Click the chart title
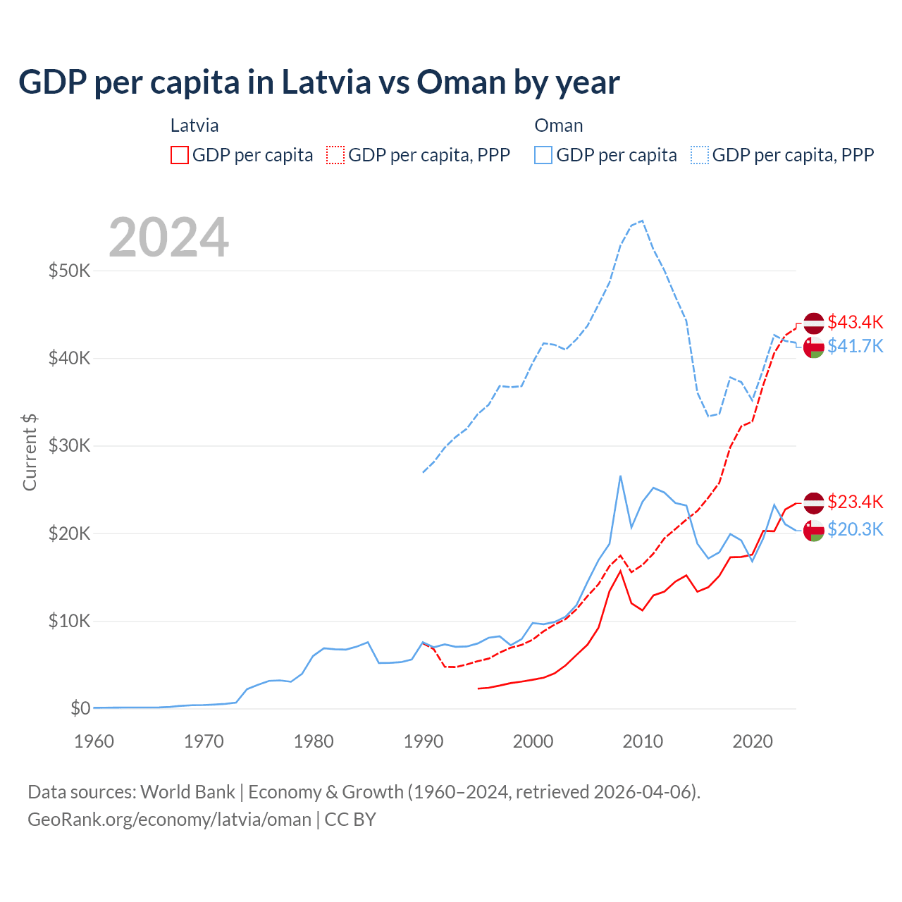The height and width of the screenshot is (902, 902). [x=319, y=82]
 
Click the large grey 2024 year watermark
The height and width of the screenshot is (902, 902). [x=168, y=237]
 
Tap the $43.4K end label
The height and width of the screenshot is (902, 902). [x=855, y=322]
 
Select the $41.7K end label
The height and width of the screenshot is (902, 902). [x=855, y=346]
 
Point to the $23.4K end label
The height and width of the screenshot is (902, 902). [x=855, y=502]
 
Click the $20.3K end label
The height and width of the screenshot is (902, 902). [x=855, y=529]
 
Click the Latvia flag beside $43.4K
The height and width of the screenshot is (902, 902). [x=814, y=323]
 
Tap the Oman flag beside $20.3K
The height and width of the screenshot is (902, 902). [x=814, y=530]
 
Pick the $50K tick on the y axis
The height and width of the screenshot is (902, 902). [x=69, y=271]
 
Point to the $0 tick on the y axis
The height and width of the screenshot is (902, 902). [x=80, y=708]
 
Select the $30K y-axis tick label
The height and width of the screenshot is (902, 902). [x=69, y=446]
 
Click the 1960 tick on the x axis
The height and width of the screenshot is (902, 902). [x=94, y=741]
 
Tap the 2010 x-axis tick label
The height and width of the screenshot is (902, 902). [x=643, y=741]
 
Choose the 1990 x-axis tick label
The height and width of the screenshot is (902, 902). [x=423, y=741]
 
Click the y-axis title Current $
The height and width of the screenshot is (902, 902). [x=30, y=452]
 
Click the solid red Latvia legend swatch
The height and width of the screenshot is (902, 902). [x=180, y=155]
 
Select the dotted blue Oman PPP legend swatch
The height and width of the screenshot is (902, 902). [x=700, y=155]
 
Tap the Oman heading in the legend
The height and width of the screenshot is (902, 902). [x=559, y=125]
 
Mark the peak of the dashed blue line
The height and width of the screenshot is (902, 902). [x=642, y=221]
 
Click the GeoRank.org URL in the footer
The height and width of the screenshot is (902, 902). [x=169, y=820]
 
